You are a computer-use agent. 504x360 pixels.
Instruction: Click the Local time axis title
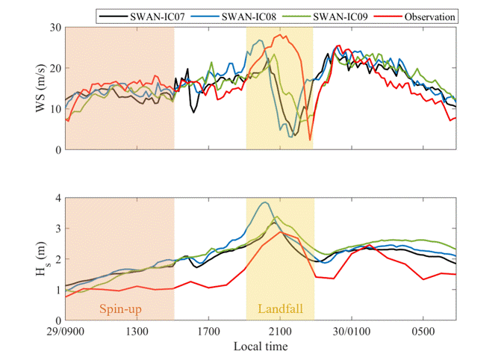coord(260,347)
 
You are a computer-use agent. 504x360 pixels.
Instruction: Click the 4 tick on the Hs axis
coord(57,198)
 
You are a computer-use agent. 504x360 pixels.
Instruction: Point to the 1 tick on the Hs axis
coord(57,290)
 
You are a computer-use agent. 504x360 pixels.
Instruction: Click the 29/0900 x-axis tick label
coord(66,330)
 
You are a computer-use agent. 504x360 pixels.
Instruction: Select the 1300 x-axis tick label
coord(137,330)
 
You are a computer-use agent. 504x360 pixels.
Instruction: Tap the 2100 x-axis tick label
coord(280,330)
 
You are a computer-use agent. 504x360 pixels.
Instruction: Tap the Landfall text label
coord(279,308)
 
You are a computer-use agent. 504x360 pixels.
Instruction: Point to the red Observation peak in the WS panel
coord(284,34)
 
